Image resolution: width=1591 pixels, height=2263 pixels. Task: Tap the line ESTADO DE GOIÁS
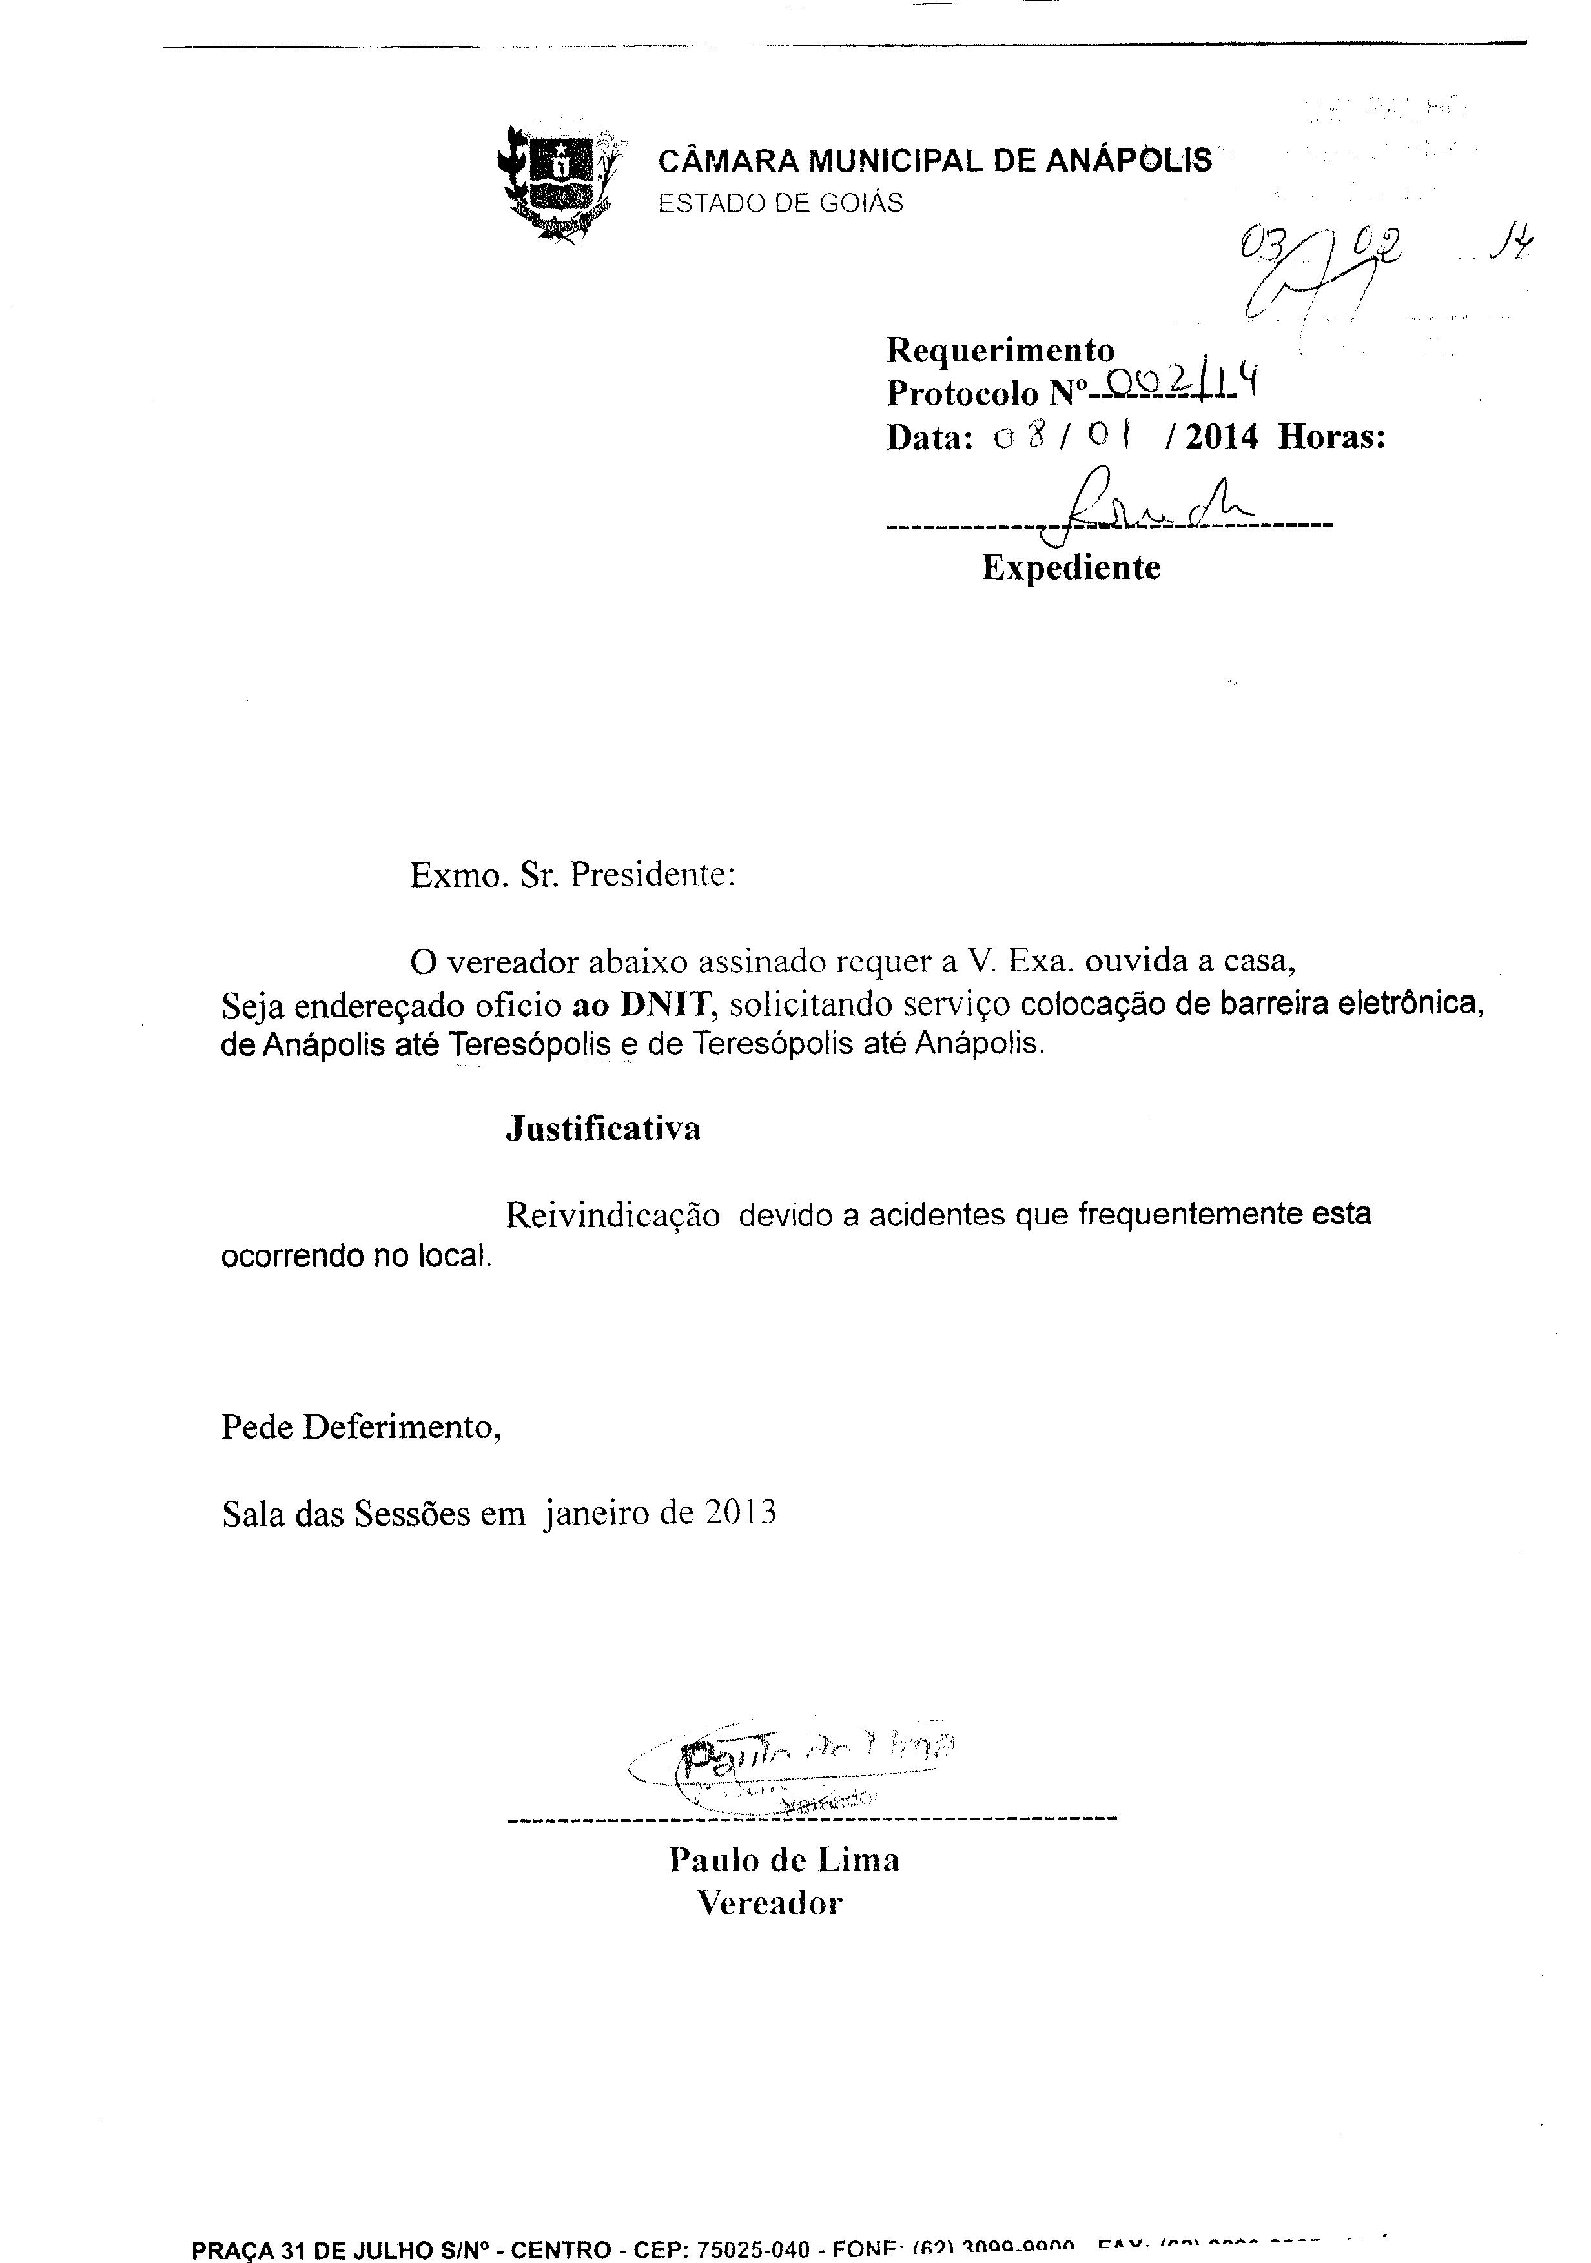pyautogui.click(x=780, y=203)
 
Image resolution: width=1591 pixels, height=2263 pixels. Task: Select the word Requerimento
pyautogui.click(x=1001, y=350)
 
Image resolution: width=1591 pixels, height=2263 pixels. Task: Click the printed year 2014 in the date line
pyautogui.click(x=1222, y=436)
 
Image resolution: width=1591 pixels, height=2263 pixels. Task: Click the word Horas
pyautogui.click(x=1331, y=436)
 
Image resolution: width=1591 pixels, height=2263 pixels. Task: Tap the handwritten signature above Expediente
pyautogui.click(x=1144, y=507)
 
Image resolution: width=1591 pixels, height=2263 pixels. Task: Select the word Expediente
pyautogui.click(x=1071, y=568)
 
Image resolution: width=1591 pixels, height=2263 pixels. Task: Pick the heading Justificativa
pyautogui.click(x=603, y=1128)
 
